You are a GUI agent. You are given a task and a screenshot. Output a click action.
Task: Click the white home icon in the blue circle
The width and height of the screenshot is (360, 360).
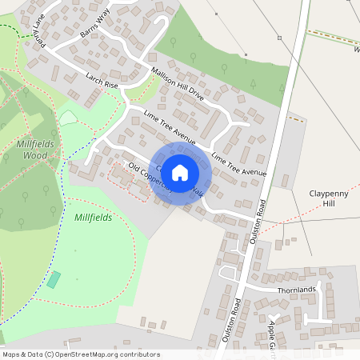click(x=180, y=172)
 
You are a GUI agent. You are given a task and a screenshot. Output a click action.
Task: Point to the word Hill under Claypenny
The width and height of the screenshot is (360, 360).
click(x=330, y=204)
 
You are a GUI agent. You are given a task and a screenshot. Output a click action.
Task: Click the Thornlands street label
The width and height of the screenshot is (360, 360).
click(x=297, y=290)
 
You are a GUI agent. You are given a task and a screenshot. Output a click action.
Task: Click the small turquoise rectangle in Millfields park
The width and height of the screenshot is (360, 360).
click(x=54, y=279)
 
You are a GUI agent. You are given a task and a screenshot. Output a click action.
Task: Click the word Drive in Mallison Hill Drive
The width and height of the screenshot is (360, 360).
click(x=194, y=94)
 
